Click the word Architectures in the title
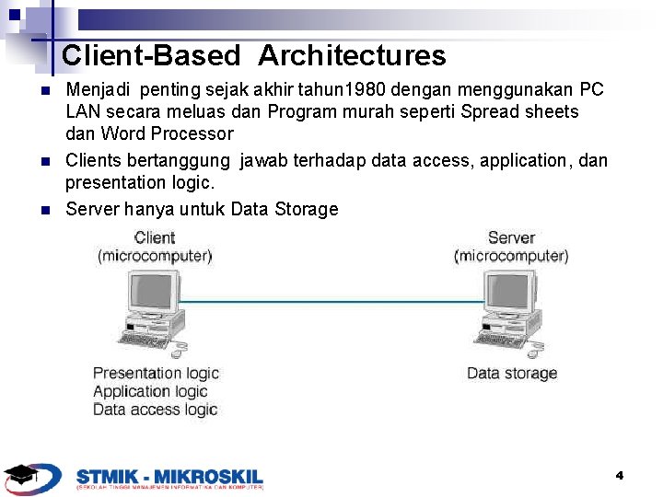pyautogui.click(x=352, y=56)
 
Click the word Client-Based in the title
pyautogui.click(x=150, y=56)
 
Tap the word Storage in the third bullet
pyautogui.click(x=306, y=209)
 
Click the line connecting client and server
pyautogui.click(x=331, y=301)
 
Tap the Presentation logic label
pyautogui.click(x=156, y=373)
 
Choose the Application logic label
pyautogui.click(x=150, y=391)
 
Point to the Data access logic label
pyautogui.click(x=155, y=410)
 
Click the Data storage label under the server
pyautogui.click(x=511, y=373)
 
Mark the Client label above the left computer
pyautogui.click(x=155, y=238)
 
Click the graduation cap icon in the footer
pyautogui.click(x=21, y=476)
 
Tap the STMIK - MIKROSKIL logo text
pyautogui.click(x=169, y=476)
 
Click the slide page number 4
pyautogui.click(x=620, y=475)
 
